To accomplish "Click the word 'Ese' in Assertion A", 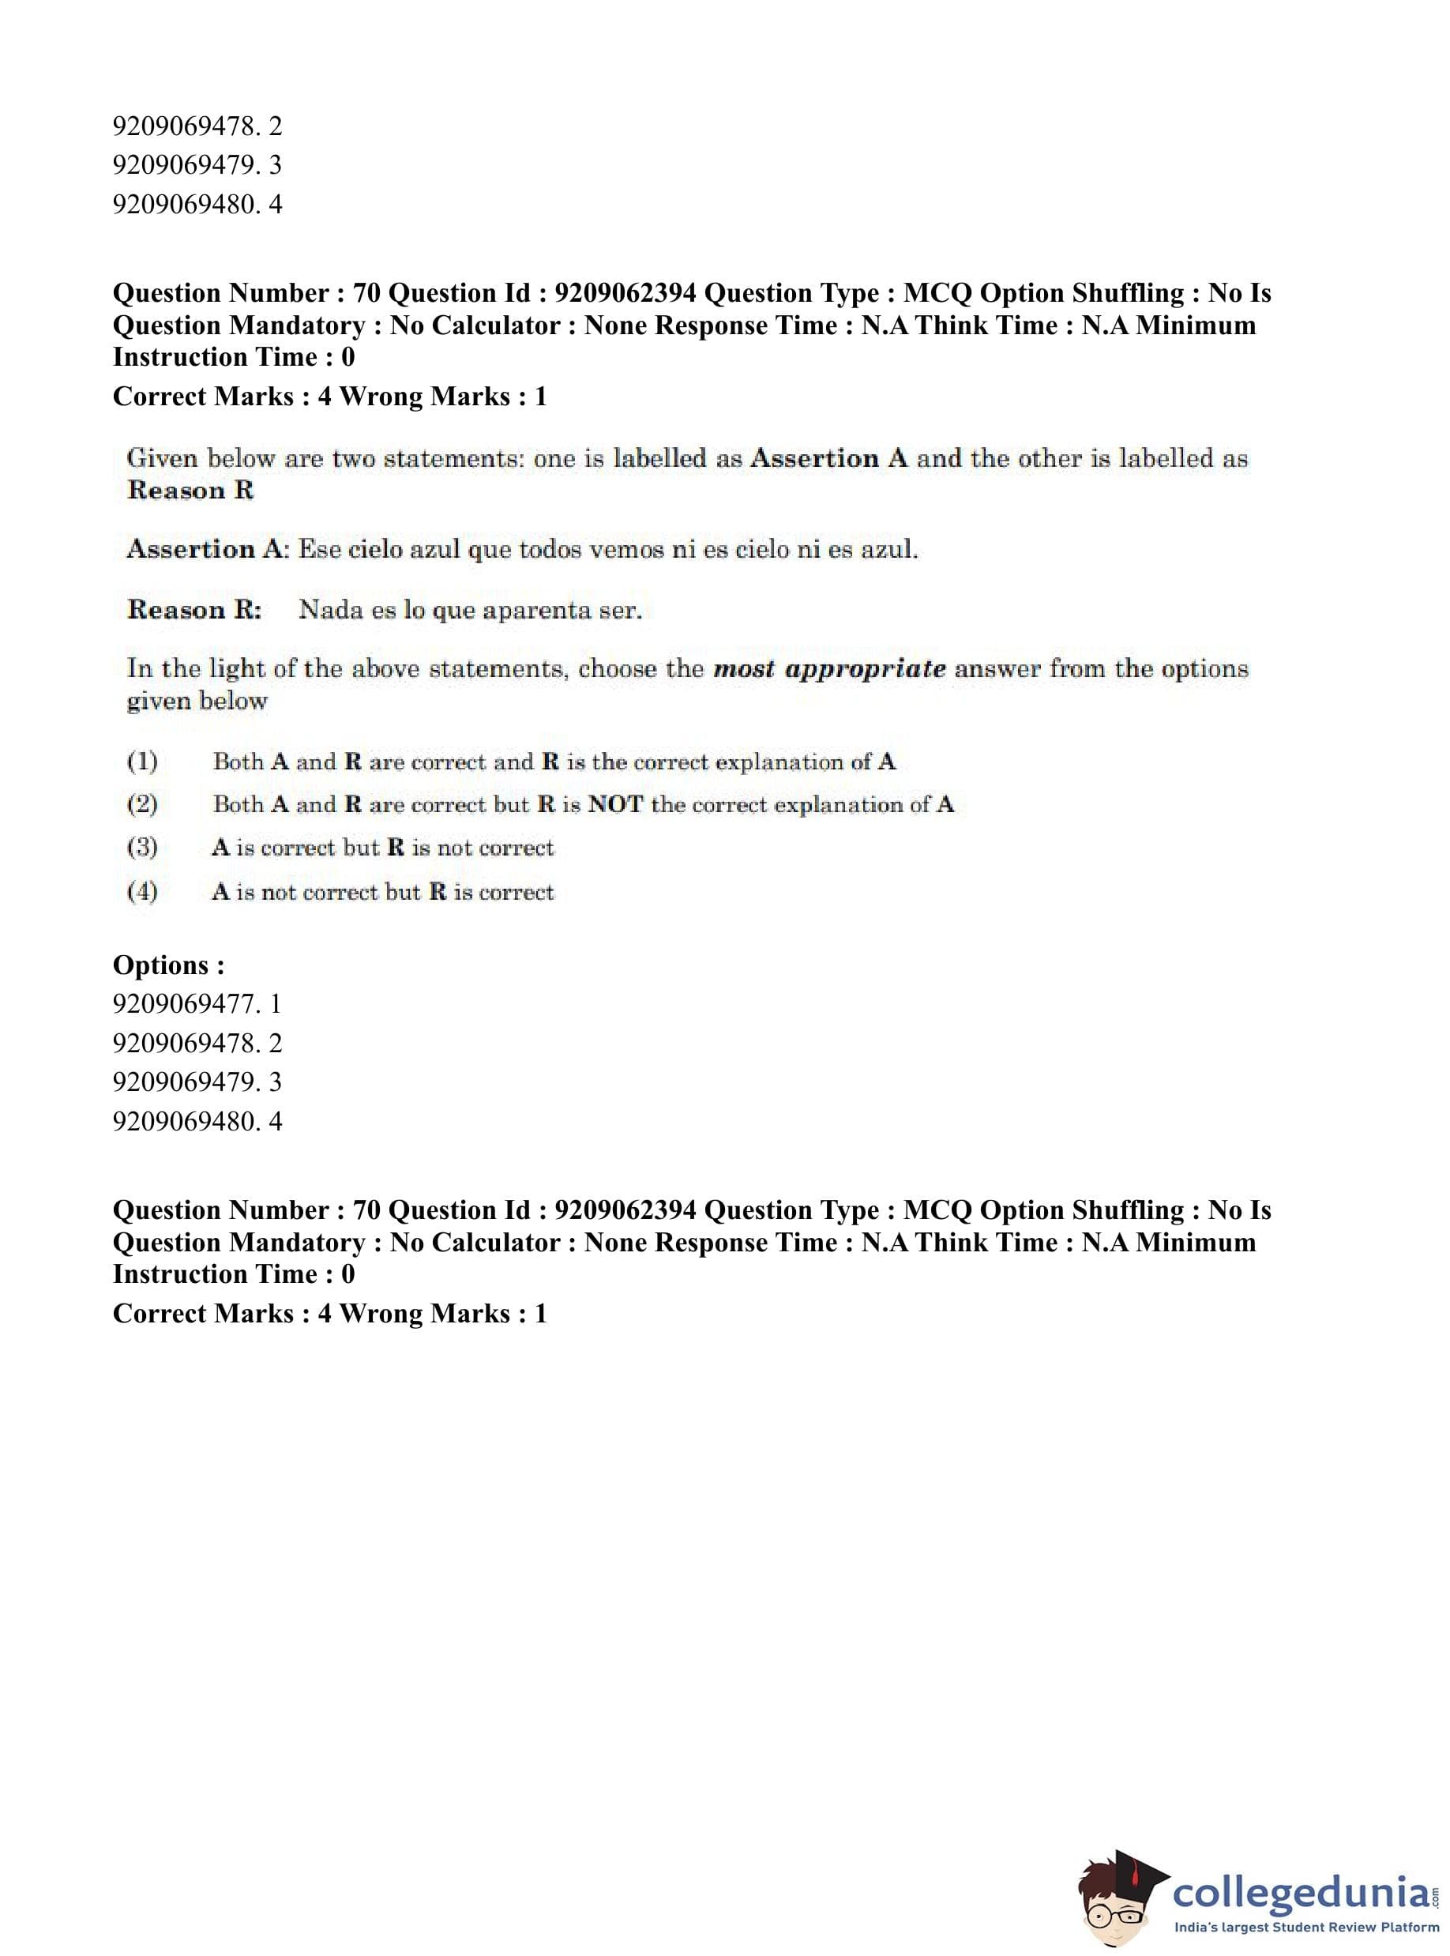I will click(318, 551).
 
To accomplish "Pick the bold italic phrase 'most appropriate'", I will click(829, 670).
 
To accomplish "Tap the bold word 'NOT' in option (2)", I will click(615, 805).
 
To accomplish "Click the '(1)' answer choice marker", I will click(142, 762).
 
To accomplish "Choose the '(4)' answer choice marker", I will click(142, 892).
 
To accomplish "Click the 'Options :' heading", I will click(168, 965).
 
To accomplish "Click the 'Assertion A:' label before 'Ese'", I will click(207, 551).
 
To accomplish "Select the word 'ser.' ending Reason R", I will click(620, 611).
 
